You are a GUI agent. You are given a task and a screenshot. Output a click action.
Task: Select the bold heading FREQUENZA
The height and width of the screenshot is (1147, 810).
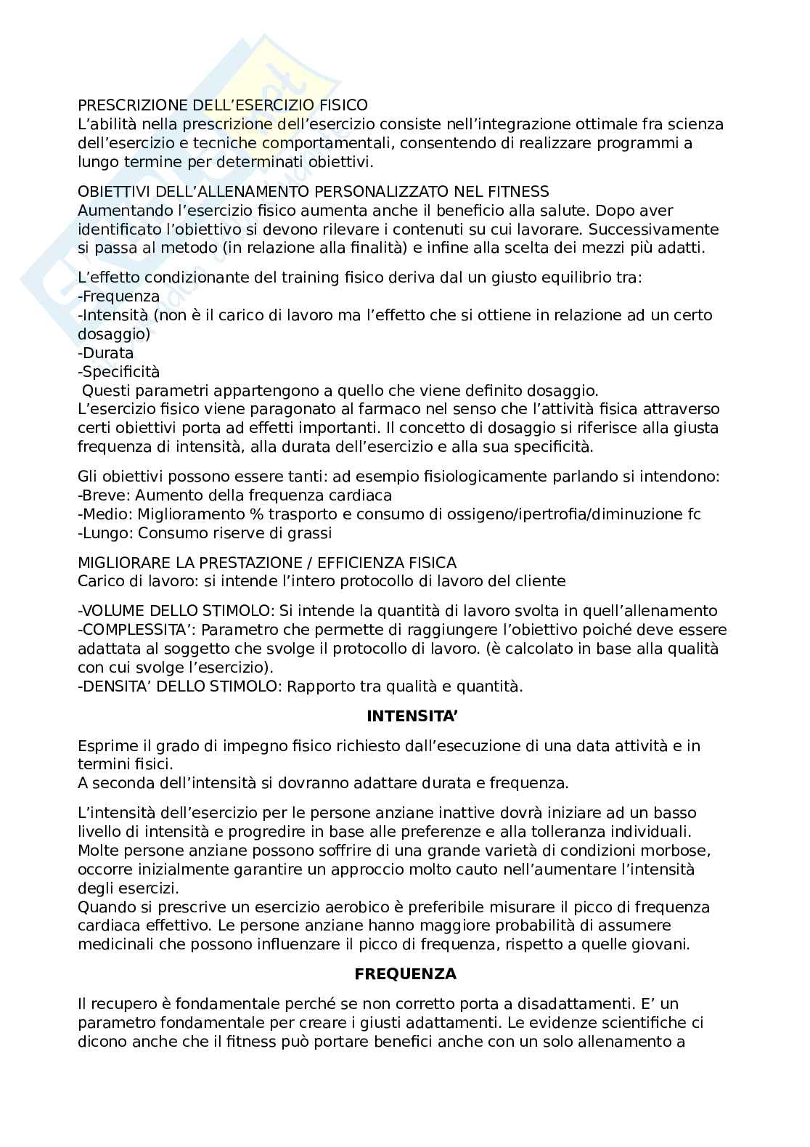405,974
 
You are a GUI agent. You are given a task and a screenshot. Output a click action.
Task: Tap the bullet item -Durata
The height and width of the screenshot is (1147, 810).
106,353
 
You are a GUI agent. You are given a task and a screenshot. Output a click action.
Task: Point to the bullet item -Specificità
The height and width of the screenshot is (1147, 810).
118,372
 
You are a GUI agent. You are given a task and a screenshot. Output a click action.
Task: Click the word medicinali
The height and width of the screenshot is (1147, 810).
113,945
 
